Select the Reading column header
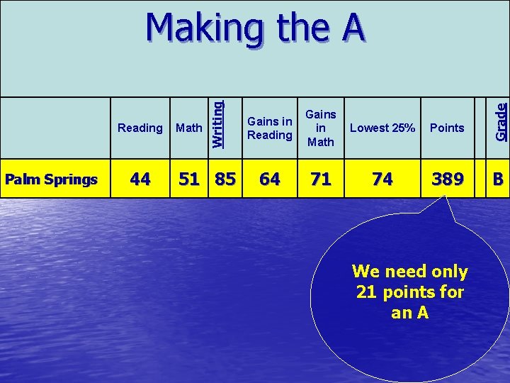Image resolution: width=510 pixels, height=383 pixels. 140,128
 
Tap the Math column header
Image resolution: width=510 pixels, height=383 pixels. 188,128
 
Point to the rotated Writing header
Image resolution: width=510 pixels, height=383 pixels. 218,123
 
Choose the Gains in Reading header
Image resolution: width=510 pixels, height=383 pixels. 270,128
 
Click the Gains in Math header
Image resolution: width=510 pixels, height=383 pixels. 320,128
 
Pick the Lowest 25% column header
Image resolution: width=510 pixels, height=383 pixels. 382,128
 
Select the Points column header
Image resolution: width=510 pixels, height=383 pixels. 447,128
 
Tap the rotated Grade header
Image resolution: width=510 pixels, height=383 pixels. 501,121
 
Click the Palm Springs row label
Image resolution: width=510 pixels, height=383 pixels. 51,179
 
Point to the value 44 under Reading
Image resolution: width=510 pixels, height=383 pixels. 140,179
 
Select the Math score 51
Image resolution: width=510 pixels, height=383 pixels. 189,179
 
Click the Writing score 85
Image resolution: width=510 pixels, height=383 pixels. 225,179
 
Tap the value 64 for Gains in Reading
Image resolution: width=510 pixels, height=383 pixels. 269,179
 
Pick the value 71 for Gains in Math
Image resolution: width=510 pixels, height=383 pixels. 321,179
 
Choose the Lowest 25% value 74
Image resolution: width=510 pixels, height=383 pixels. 382,179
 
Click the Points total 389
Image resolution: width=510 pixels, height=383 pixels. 448,179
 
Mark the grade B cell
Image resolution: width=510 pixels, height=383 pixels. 499,179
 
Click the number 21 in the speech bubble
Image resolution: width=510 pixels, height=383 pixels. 365,292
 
